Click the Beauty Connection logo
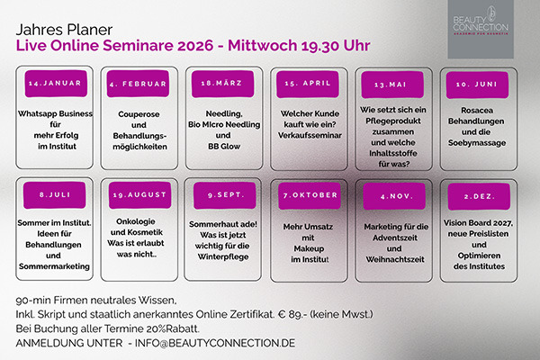coord(481,32)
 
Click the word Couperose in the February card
coord(138,114)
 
